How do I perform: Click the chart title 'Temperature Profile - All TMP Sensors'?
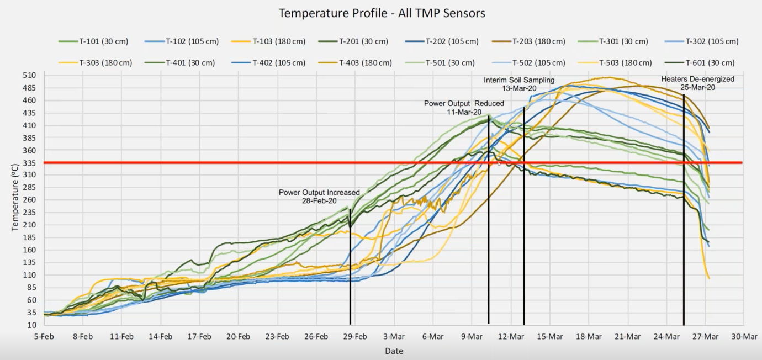pos(382,13)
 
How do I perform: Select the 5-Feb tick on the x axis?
pos(44,336)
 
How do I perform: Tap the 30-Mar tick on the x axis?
pos(744,336)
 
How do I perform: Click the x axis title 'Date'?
pos(394,351)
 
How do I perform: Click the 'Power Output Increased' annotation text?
pos(319,193)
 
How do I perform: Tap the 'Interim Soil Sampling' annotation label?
pos(519,81)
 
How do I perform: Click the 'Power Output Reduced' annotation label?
pos(464,104)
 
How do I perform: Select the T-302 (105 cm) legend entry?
pos(712,41)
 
